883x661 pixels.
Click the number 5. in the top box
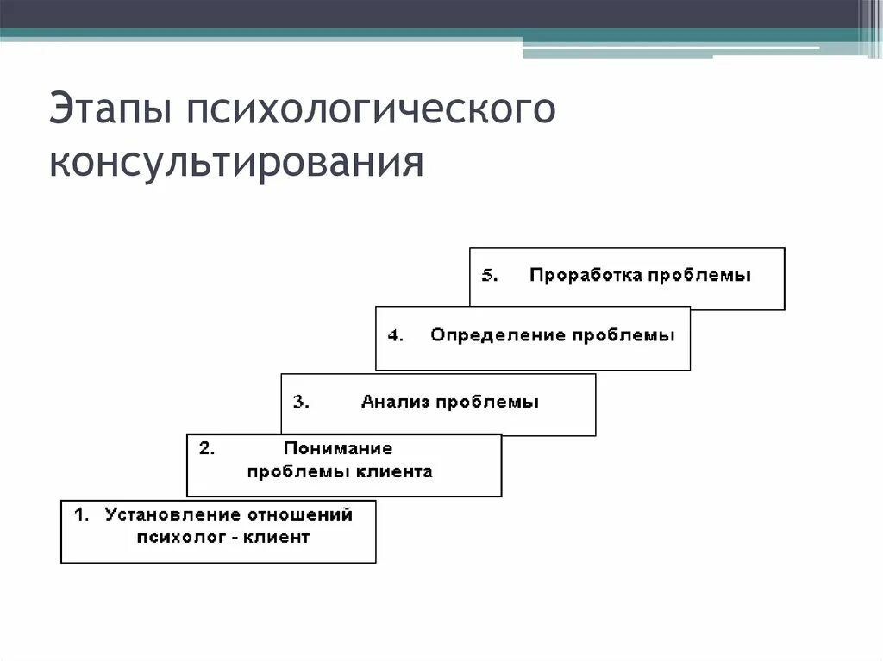pos(489,276)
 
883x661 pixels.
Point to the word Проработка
pos(586,276)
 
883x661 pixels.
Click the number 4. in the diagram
pos(395,336)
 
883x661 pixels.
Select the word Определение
pos(486,336)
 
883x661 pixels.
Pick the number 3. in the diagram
pos(301,402)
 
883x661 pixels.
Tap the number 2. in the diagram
pos(207,448)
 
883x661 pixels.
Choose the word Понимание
pos(338,448)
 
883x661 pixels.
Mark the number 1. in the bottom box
pos(82,514)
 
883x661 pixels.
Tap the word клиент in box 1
pos(276,538)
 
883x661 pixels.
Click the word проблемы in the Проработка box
pos(699,276)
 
